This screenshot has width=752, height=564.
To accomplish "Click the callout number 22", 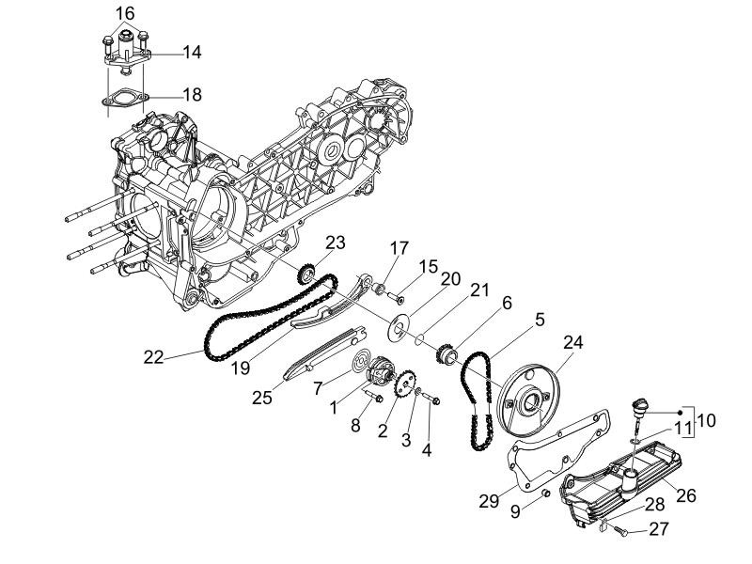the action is [x=153, y=357].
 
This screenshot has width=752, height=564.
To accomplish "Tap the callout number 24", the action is [x=573, y=342].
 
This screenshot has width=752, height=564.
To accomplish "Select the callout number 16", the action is [x=124, y=13].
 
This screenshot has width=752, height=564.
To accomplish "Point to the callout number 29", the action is [x=489, y=501].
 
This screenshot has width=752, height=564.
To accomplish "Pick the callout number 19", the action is [x=241, y=368].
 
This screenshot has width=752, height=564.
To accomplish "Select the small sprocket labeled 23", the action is [x=305, y=274].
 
